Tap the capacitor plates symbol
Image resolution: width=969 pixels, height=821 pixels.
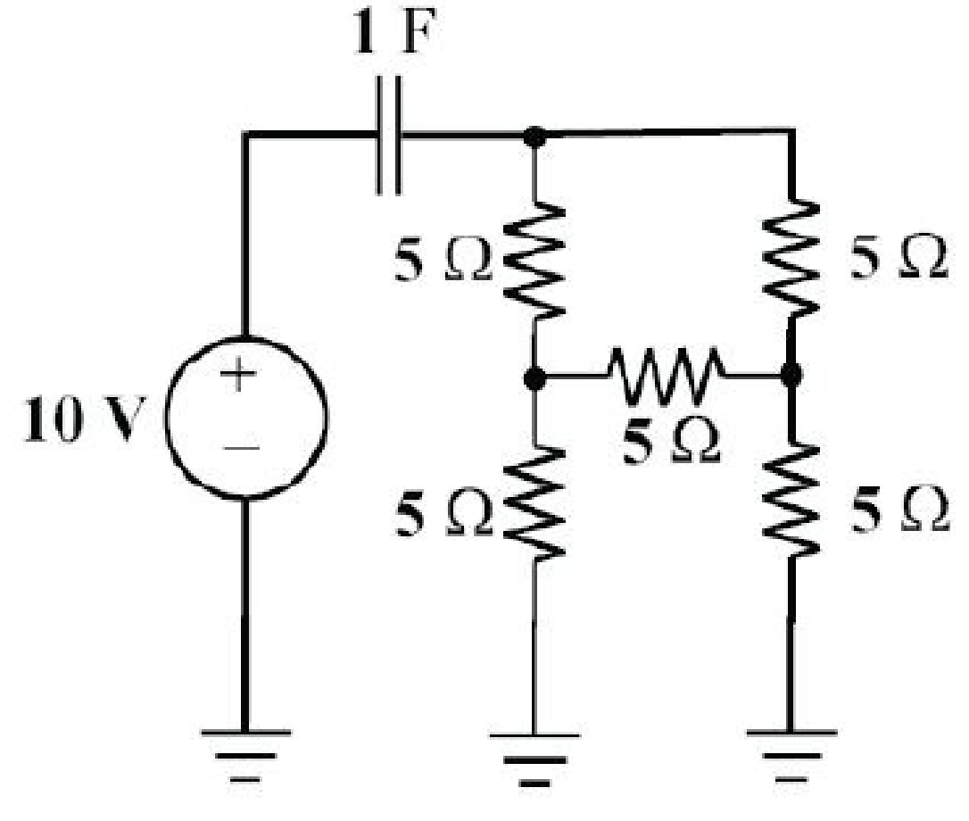click(x=389, y=136)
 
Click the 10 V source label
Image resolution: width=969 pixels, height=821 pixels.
click(x=85, y=419)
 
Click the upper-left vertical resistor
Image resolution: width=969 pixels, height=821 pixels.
click(x=534, y=261)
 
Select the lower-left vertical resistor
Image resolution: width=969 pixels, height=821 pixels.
click(x=534, y=502)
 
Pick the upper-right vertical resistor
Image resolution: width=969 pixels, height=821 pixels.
click(x=791, y=257)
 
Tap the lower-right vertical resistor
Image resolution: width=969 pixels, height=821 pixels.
click(x=791, y=499)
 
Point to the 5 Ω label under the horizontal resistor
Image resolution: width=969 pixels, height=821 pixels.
click(x=671, y=443)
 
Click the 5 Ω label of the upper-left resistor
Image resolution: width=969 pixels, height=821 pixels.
click(x=443, y=261)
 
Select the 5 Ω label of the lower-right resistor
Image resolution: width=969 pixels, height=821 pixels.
click(x=899, y=510)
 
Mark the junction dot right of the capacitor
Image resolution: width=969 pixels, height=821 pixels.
click(x=534, y=136)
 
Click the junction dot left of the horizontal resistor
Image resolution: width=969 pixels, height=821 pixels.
click(x=534, y=377)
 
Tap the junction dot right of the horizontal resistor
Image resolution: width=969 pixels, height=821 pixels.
click(x=791, y=375)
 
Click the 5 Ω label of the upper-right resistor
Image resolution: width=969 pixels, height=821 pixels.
click(x=899, y=257)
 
